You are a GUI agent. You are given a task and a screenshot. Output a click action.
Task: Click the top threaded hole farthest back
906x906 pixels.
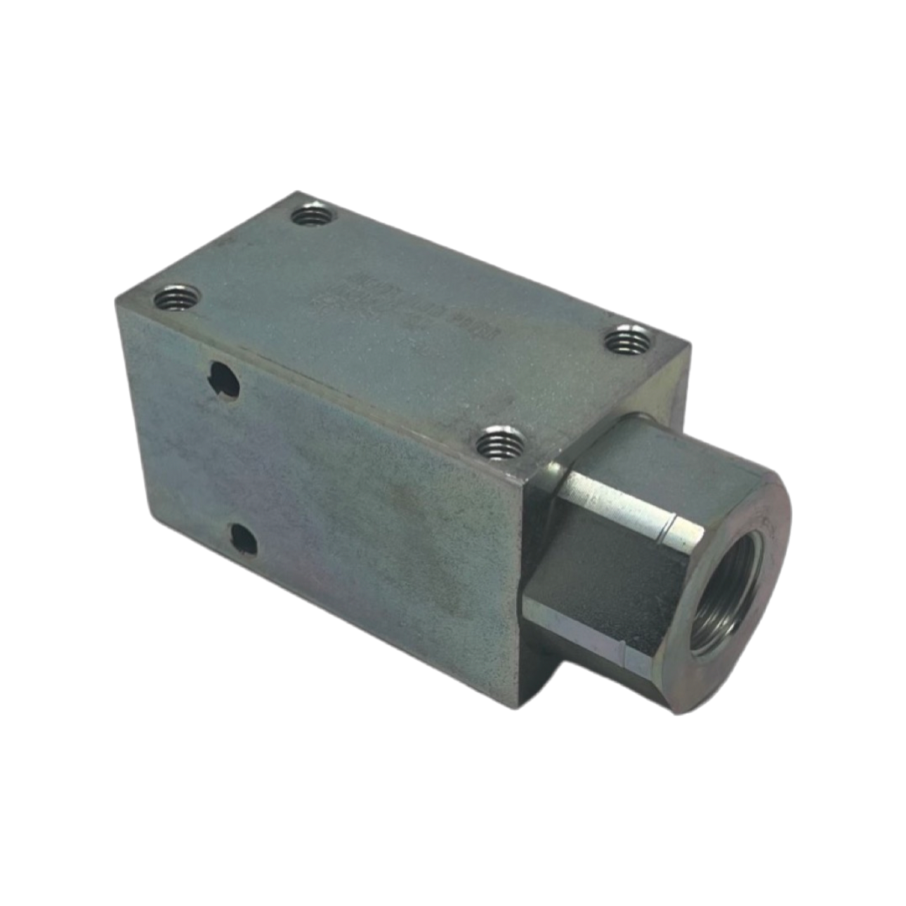313,216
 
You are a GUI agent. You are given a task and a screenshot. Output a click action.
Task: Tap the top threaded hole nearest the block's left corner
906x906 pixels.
177,297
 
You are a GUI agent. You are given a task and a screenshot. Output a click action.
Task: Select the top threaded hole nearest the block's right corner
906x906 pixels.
627,340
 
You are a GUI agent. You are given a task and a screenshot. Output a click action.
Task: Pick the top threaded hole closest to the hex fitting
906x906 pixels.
501,442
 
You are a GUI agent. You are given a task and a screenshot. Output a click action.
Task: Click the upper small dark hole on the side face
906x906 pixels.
224,381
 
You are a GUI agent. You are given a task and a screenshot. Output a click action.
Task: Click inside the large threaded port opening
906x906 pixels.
724,592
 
